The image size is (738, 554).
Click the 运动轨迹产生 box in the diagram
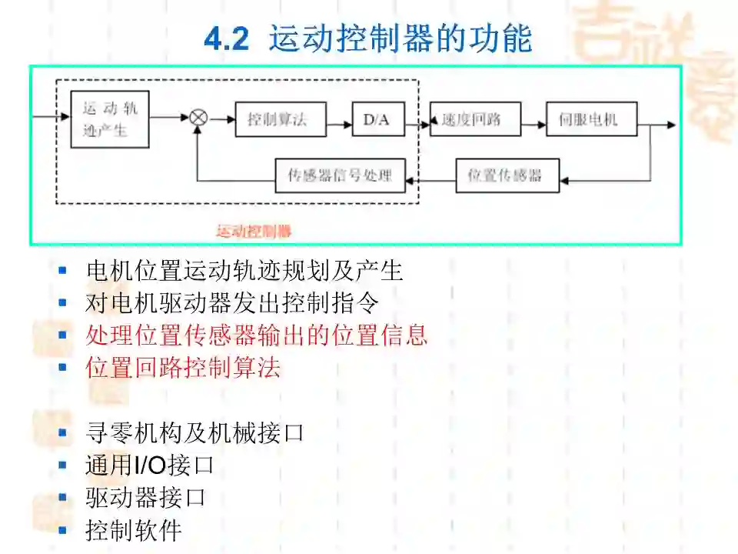pyautogui.click(x=109, y=118)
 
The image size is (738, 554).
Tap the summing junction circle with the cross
pyautogui.click(x=198, y=118)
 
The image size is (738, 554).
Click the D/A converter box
pyautogui.click(x=377, y=119)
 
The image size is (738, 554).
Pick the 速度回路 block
pyautogui.click(x=475, y=119)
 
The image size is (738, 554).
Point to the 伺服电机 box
pyautogui.click(x=591, y=119)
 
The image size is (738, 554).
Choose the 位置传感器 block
pyautogui.click(x=507, y=175)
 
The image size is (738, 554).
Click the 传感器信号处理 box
pyautogui.click(x=340, y=175)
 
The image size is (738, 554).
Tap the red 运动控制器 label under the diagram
pyautogui.click(x=253, y=231)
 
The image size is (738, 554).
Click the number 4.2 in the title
pyautogui.click(x=227, y=39)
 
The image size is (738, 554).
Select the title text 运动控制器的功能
pyautogui.click(x=400, y=38)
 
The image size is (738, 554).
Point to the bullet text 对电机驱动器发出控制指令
pyautogui.click(x=232, y=302)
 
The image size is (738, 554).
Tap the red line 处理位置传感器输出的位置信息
pyautogui.click(x=257, y=335)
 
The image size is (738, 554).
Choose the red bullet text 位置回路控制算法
pyautogui.click(x=183, y=367)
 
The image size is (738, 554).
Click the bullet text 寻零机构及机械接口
pyautogui.click(x=194, y=432)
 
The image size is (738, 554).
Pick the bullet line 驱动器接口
pyautogui.click(x=145, y=497)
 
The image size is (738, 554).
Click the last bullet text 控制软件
pyautogui.click(x=133, y=529)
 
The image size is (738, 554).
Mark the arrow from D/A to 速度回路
pyautogui.click(x=417, y=119)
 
